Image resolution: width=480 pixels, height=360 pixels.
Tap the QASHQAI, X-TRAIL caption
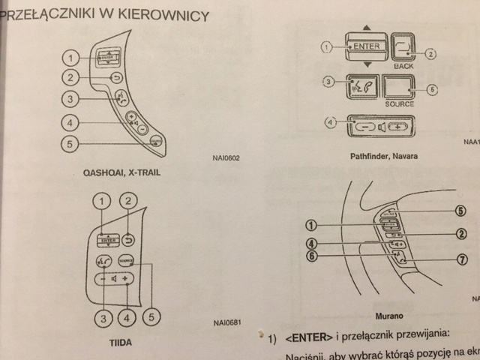(116, 172)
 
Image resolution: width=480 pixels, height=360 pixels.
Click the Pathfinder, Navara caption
(384, 157)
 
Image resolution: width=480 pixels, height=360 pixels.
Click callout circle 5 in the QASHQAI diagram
(69, 144)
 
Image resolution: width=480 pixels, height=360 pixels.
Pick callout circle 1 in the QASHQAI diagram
(69, 58)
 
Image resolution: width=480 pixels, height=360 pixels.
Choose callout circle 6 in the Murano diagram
(311, 256)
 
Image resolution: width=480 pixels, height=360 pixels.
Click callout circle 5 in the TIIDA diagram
(152, 317)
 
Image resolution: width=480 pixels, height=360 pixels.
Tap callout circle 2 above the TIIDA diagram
(129, 201)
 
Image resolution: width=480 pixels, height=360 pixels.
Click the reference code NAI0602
(226, 158)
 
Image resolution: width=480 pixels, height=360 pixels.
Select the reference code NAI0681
(227, 324)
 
